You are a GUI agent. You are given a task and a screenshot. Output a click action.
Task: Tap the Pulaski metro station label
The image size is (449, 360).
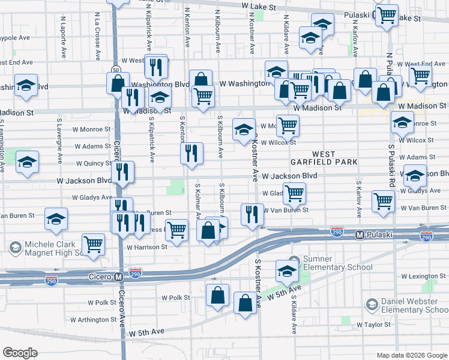pyautogui.click(x=376, y=234)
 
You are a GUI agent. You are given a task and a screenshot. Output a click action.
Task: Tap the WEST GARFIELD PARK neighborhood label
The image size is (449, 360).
pyautogui.click(x=324, y=158)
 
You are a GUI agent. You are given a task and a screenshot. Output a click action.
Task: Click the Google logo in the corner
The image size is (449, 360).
pyautogui.click(x=20, y=352)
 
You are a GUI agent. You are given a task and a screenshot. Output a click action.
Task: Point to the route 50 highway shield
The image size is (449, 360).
pyautogui.click(x=114, y=70)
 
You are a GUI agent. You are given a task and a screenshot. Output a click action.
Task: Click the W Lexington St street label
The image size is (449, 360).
pyautogui.click(x=423, y=276)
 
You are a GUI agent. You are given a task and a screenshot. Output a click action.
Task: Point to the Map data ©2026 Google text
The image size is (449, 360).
pyautogui.click(x=411, y=355)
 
